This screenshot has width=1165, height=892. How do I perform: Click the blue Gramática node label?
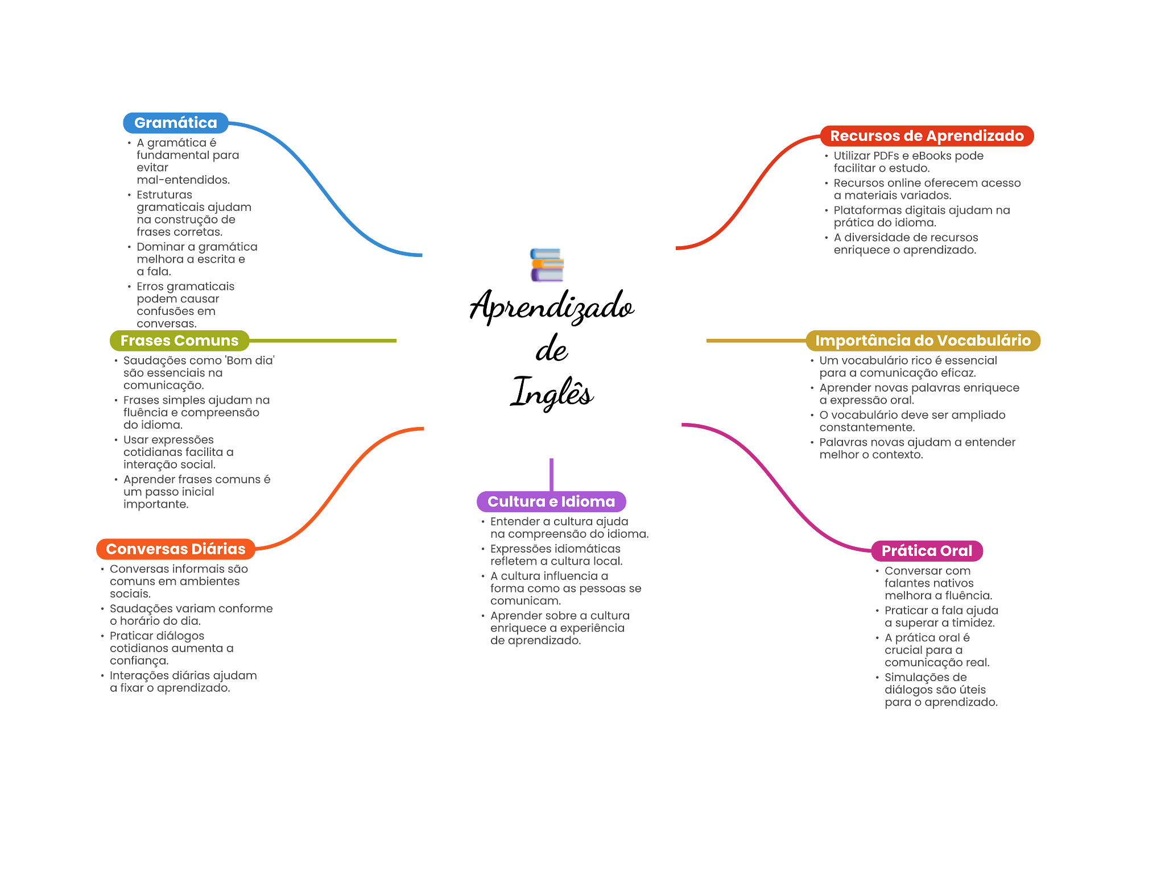tap(175, 123)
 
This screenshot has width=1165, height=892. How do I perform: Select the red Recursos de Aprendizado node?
tap(927, 136)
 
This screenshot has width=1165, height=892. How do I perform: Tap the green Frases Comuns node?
tap(179, 341)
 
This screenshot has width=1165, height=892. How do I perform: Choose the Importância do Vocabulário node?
tap(923, 341)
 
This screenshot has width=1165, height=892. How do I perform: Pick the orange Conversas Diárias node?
tap(175, 549)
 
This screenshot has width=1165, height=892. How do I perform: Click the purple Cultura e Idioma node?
tap(551, 501)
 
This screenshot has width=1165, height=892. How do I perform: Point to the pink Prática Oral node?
tap(927, 551)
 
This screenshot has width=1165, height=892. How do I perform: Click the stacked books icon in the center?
tap(547, 265)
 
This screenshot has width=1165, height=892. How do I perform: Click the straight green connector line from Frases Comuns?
tap(324, 341)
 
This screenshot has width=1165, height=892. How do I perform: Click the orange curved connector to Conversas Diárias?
tap(341, 483)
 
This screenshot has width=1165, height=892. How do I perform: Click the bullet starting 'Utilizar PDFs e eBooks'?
tap(908, 162)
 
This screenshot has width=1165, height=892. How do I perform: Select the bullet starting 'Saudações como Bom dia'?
tap(199, 373)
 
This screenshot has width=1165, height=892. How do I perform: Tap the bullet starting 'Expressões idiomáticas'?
tap(556, 555)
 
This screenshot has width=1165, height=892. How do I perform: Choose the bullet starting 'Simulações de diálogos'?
tap(940, 690)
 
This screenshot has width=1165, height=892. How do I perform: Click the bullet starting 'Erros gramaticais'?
tap(185, 305)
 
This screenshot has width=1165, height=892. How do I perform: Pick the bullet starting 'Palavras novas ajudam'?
tap(917, 449)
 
